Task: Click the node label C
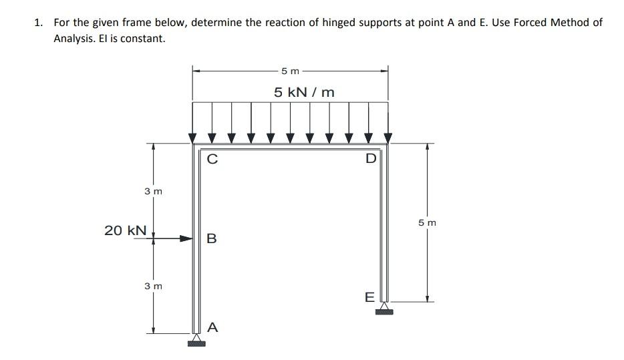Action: tap(212, 159)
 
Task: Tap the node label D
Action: tap(371, 159)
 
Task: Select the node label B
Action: tap(212, 238)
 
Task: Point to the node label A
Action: tap(212, 327)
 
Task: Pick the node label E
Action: tap(369, 297)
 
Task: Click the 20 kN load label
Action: tap(125, 230)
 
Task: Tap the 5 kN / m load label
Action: tap(304, 92)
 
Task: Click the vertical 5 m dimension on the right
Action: tap(428, 222)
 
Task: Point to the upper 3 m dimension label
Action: tap(154, 192)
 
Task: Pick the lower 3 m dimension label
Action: tap(154, 286)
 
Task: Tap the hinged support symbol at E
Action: tap(384, 308)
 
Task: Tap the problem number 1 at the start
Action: tap(39, 22)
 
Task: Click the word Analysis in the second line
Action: tap(75, 38)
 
